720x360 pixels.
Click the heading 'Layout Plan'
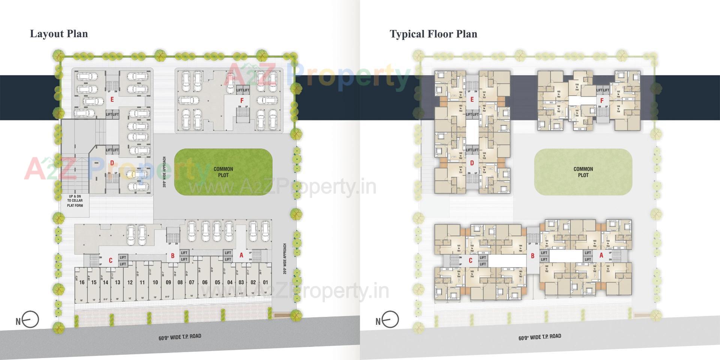click(x=59, y=34)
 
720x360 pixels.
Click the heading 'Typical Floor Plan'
click(x=433, y=34)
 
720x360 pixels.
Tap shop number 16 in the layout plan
click(x=82, y=282)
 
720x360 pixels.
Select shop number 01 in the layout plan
click(x=265, y=282)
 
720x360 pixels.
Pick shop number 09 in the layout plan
click(x=168, y=282)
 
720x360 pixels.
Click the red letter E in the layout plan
click(x=112, y=100)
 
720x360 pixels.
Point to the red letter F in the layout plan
click(x=242, y=100)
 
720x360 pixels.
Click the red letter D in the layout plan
click(x=112, y=163)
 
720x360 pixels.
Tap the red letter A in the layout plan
click(x=241, y=256)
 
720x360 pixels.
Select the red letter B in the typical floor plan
click(x=532, y=256)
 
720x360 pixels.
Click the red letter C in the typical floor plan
click(x=471, y=261)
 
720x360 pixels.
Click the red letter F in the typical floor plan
click(x=602, y=100)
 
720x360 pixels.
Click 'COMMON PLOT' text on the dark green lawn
click(x=223, y=172)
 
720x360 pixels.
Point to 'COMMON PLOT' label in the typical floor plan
click(x=583, y=172)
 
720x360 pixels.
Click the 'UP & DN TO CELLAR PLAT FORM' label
click(x=75, y=201)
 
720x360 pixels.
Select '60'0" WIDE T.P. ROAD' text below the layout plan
click(x=180, y=337)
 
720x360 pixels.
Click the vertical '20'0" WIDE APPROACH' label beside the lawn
click(x=164, y=172)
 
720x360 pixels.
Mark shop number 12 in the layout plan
click(x=130, y=282)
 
